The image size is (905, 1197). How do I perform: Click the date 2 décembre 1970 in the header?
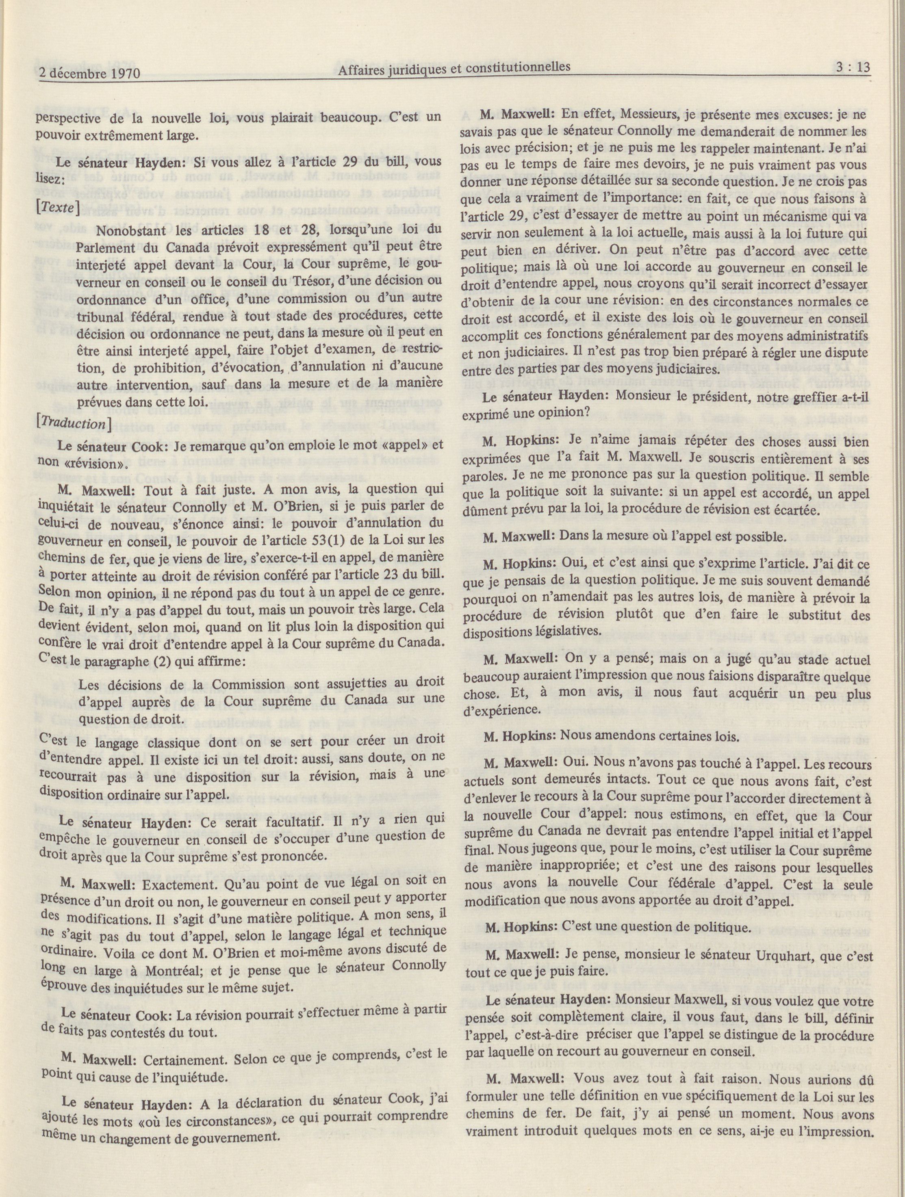[90, 72]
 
